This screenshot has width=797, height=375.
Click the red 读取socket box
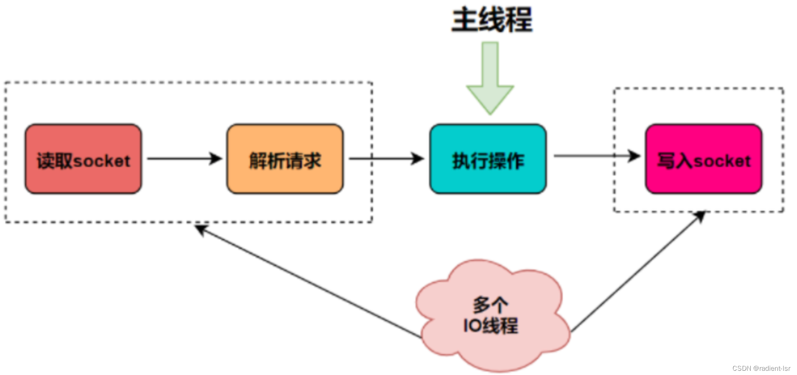[83, 159]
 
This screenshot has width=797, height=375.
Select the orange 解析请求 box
[285, 159]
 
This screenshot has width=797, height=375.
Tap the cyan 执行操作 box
[488, 159]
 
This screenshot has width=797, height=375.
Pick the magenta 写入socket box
[703, 159]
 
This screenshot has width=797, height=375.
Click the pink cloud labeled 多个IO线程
[492, 316]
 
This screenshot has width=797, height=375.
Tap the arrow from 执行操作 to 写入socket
[596, 156]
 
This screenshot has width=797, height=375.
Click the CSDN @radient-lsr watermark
[761, 368]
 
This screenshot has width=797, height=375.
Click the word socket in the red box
[101, 161]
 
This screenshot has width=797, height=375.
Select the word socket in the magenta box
[722, 161]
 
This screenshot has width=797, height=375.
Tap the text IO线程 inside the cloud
[491, 326]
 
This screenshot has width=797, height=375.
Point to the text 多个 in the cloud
[491, 305]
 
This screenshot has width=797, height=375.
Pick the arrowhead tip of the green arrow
[490, 113]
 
